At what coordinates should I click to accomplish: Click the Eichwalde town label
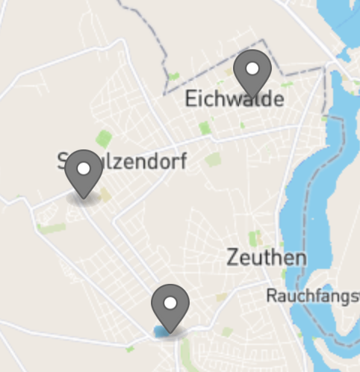coord(235,99)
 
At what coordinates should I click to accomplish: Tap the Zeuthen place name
coord(266,258)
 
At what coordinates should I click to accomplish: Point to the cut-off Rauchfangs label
coord(312,297)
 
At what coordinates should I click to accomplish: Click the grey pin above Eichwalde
coord(252,73)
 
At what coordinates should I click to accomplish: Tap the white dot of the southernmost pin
coord(170,303)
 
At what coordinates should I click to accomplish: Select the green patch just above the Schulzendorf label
coord(104,138)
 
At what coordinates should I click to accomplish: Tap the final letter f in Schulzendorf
coord(179,161)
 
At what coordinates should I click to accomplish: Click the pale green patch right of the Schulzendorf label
coord(214,159)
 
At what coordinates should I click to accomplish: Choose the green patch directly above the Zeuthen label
coord(255,239)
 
